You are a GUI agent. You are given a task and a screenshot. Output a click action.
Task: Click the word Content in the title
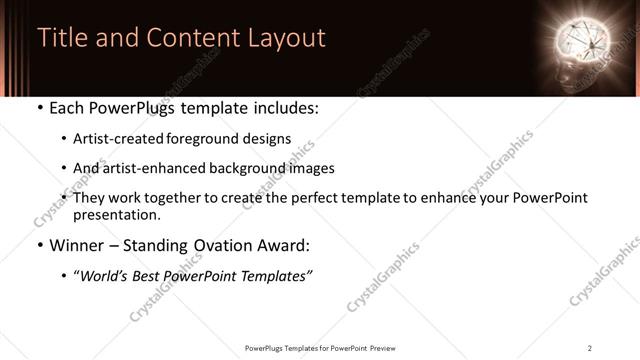coord(190,38)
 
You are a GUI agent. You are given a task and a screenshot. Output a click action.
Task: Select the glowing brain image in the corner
coord(582,44)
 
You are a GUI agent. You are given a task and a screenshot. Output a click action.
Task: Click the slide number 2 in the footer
coord(590,347)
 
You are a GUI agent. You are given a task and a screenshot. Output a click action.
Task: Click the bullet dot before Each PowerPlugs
coord(39,108)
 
